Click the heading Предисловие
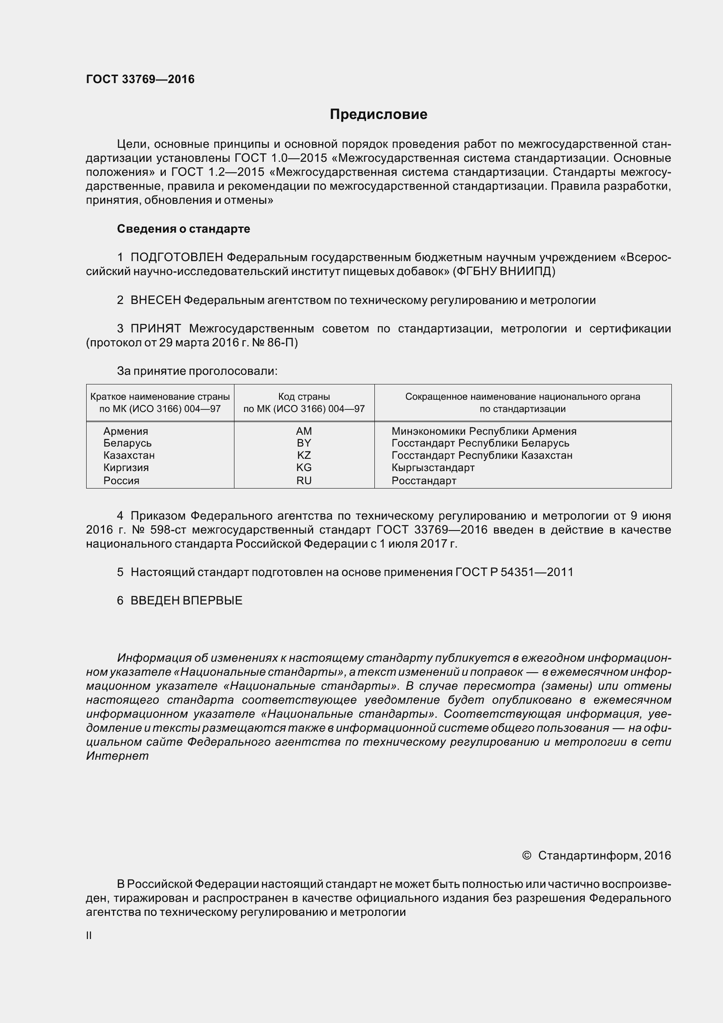coord(378,115)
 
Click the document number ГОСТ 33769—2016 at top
coord(140,79)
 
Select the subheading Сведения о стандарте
coord(183,229)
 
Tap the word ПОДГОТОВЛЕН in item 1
coord(177,257)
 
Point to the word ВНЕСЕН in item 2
coord(155,300)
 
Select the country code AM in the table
coord(304,431)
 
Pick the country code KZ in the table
coord(304,455)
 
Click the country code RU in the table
coord(304,480)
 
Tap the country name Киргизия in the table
coord(126,468)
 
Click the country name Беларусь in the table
coord(127,443)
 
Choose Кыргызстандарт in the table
coord(433,468)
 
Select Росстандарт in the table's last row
coord(424,480)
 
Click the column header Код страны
coord(304,397)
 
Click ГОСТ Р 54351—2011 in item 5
coord(514,572)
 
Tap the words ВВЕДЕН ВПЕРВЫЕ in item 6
coord(186,601)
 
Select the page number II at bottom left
coord(89,936)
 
